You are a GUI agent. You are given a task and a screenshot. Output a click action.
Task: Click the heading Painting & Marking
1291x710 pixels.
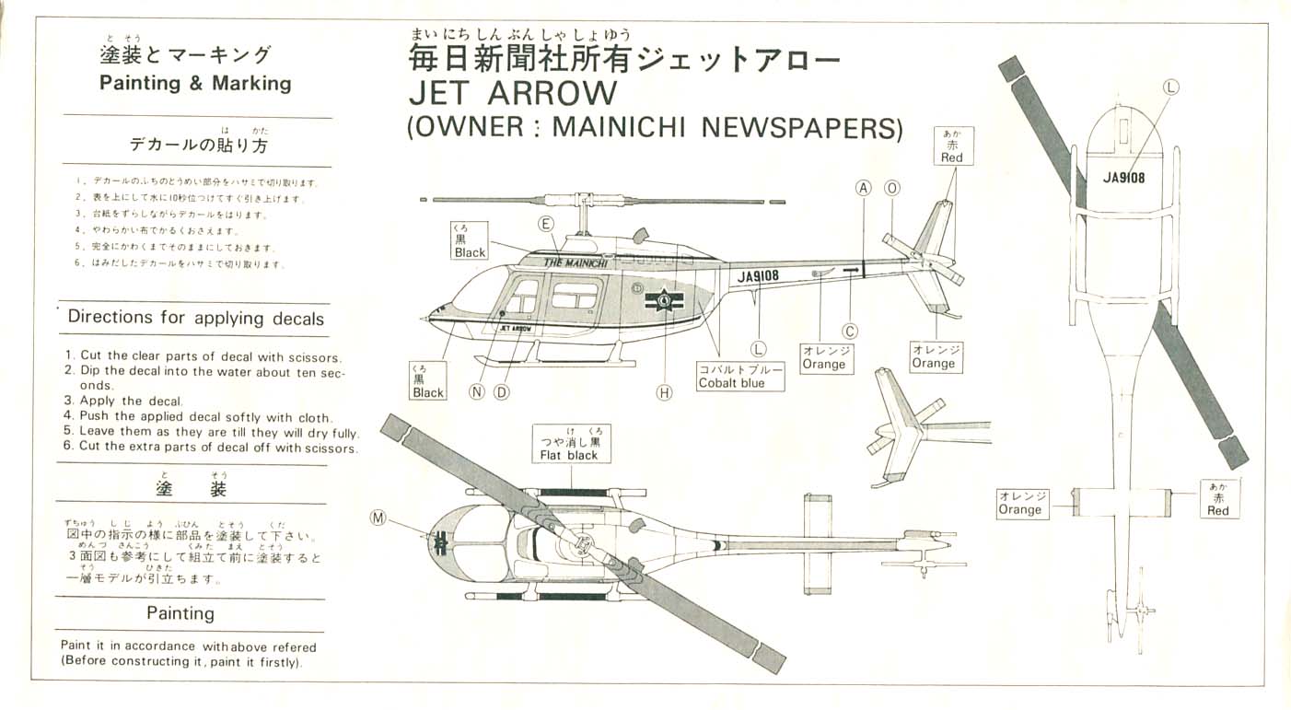194,83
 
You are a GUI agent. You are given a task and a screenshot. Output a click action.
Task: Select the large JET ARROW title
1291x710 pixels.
513,94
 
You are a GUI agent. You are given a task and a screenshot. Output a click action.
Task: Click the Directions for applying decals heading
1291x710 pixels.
196,318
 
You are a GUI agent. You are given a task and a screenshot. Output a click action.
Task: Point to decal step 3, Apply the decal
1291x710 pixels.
124,401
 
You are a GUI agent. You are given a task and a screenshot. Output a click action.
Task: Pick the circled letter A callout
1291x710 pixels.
863,188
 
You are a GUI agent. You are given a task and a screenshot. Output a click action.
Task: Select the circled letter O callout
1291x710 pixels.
891,188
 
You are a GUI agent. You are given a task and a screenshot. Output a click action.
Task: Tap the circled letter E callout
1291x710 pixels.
546,224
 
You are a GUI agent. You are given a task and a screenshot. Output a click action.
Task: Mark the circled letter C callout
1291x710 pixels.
850,332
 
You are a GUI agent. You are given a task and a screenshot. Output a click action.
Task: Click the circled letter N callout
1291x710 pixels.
477,391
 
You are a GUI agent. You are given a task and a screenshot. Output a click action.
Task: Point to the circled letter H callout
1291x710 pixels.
665,392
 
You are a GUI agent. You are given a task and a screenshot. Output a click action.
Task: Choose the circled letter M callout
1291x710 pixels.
378,518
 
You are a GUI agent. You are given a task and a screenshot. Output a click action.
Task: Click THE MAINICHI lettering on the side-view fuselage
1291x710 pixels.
575,262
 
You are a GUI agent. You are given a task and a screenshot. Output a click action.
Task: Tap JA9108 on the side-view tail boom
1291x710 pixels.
758,274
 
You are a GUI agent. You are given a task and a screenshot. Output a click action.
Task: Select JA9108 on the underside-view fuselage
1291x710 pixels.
1123,178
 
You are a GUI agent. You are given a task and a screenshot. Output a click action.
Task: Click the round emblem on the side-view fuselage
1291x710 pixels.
663,298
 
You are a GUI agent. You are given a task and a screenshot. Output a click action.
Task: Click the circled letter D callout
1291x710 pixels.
502,391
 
